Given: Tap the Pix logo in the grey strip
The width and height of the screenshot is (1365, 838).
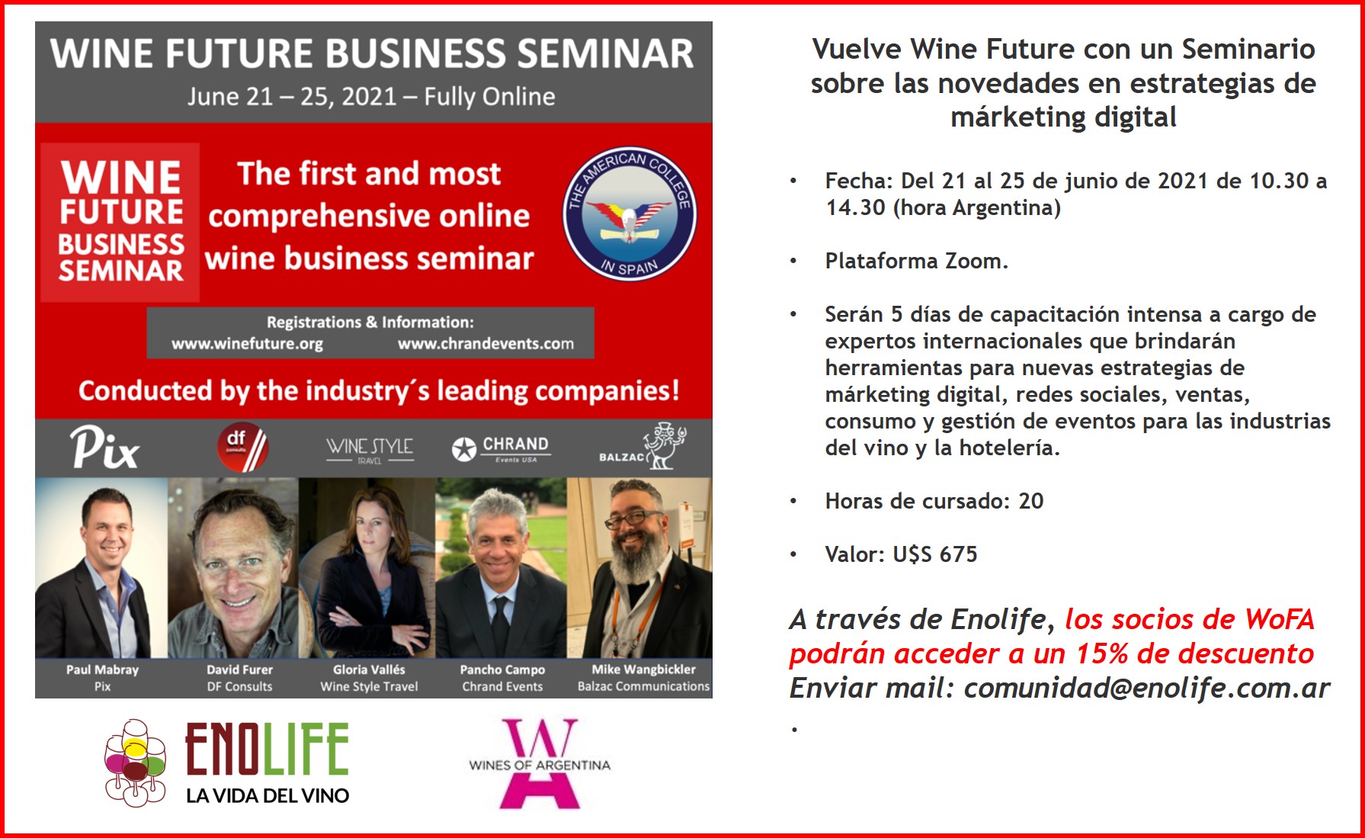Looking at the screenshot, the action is pyautogui.click(x=104, y=447).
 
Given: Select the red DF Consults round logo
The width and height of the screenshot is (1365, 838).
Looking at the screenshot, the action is pyautogui.click(x=242, y=448).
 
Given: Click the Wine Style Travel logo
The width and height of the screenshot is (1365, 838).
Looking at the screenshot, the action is pyautogui.click(x=370, y=449).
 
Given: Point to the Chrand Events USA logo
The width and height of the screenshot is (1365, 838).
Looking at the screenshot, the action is pyautogui.click(x=500, y=448).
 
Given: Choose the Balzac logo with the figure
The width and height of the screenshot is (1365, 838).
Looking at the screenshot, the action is pyautogui.click(x=643, y=446).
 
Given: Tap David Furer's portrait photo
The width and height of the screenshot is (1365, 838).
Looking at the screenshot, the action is pyautogui.click(x=233, y=568).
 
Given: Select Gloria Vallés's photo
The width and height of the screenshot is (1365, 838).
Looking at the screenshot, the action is pyautogui.click(x=367, y=568).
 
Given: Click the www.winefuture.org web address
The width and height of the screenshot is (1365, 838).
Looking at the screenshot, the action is pyautogui.click(x=247, y=344).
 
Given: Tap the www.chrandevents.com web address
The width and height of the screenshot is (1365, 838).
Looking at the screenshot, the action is pyautogui.click(x=485, y=344).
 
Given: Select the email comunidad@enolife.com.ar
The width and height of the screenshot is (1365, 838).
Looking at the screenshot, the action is pyautogui.click(x=1146, y=688).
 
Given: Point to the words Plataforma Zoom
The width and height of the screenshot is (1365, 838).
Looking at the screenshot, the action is pyautogui.click(x=916, y=261).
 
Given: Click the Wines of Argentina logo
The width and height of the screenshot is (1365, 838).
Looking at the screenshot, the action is pyautogui.click(x=540, y=763).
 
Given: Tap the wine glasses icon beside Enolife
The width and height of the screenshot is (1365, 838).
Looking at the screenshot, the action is pyautogui.click(x=135, y=763).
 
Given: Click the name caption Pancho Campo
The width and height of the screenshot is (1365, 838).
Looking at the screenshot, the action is pyautogui.click(x=502, y=669).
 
